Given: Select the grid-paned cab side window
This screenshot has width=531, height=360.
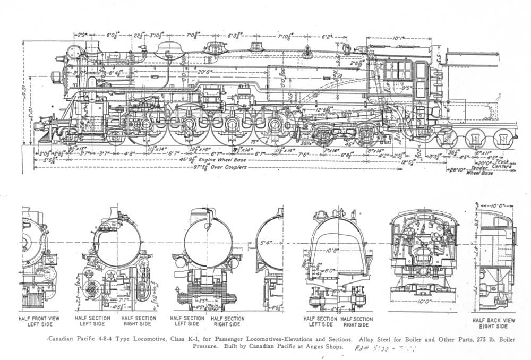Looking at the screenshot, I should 400,70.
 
